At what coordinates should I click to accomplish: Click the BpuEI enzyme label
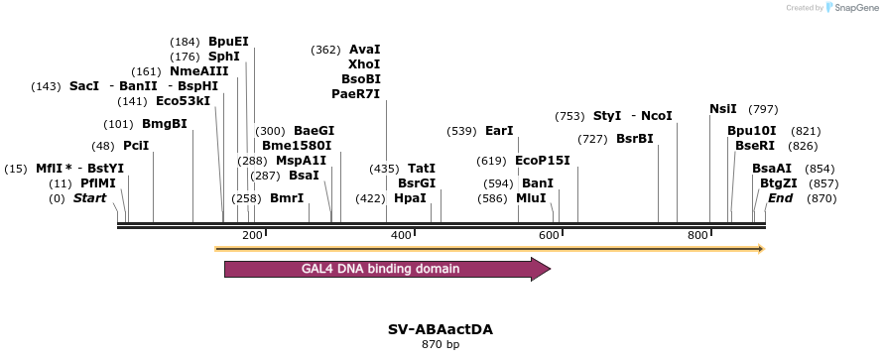[x=228, y=42]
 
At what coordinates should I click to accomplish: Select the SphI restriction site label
[x=224, y=57]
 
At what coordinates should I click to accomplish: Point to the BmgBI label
[x=165, y=124]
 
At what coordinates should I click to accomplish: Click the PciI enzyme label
[x=136, y=146]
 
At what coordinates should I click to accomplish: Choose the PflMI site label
[x=98, y=183]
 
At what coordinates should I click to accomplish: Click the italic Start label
[x=89, y=198]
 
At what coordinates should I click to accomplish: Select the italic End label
[x=780, y=198]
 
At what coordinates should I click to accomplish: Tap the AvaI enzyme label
[x=365, y=50]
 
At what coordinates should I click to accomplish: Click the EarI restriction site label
[x=499, y=131]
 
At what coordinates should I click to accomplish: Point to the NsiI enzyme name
[x=723, y=109]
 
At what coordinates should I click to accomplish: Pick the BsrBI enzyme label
[x=635, y=139]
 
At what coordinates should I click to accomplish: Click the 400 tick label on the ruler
[x=401, y=235]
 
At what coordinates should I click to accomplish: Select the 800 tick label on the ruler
[x=697, y=235]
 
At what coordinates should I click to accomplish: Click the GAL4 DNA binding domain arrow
[x=387, y=269]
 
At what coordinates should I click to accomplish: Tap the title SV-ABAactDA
[x=441, y=328]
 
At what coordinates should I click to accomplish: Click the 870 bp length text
[x=441, y=345]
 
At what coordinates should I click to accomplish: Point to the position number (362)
[x=325, y=50]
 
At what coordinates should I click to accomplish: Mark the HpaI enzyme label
[x=410, y=198]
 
